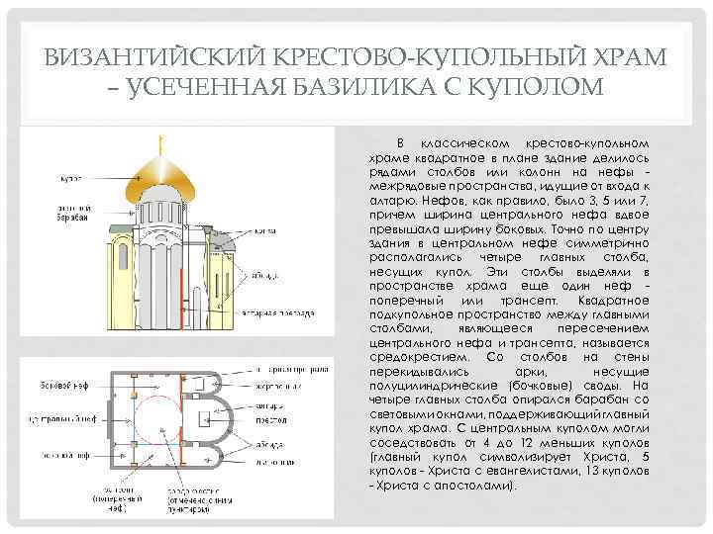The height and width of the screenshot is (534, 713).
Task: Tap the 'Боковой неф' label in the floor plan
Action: (63, 383)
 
